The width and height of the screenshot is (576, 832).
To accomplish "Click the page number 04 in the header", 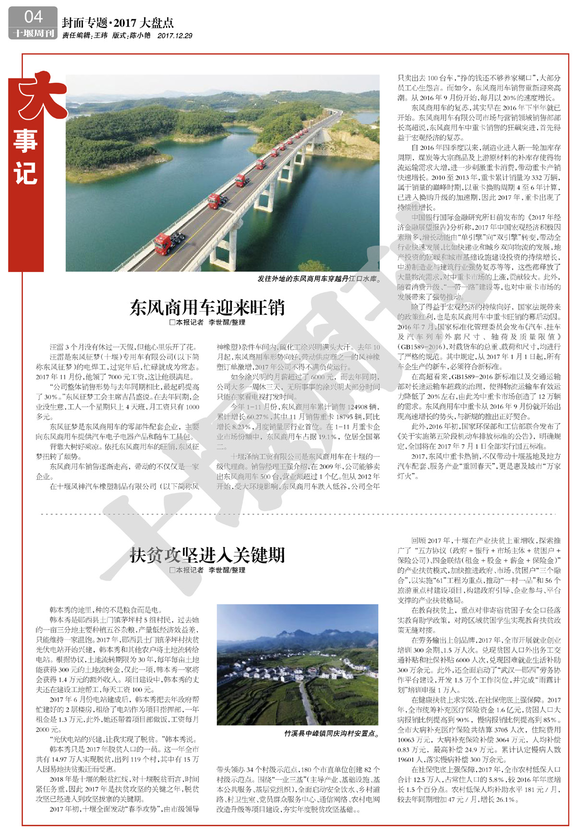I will coord(33,17).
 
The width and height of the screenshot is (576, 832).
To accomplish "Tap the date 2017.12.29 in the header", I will coord(175,36).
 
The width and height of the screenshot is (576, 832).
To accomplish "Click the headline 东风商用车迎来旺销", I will coord(207,308).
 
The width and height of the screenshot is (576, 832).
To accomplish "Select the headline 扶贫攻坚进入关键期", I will coord(207,555).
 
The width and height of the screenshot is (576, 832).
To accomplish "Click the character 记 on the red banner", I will coord(26,174).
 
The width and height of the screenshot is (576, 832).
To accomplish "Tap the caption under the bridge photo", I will coord(319,278).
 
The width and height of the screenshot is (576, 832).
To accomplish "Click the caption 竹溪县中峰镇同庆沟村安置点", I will coord(331,734).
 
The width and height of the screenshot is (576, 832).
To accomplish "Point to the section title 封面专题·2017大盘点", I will coord(118,23).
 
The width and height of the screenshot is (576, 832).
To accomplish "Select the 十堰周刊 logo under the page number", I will coord(33,33).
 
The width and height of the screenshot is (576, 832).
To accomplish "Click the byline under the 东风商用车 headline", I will coord(207,323).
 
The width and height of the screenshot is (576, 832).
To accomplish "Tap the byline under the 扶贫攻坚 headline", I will coord(207,570).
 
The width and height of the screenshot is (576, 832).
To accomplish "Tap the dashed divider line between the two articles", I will coord(298,514).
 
